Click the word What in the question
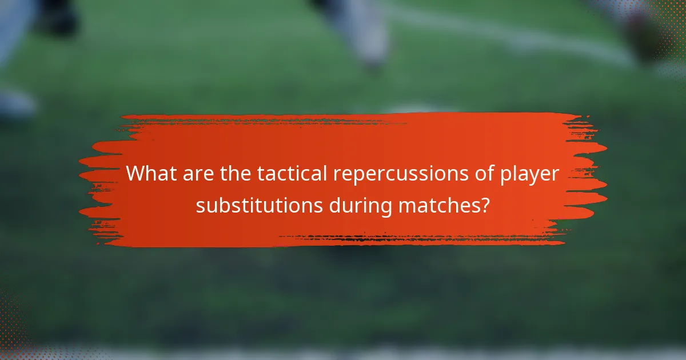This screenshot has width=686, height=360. [151, 174]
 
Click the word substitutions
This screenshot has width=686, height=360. [259, 205]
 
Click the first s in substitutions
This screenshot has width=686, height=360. [200, 206]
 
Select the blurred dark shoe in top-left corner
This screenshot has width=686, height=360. [57, 17]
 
